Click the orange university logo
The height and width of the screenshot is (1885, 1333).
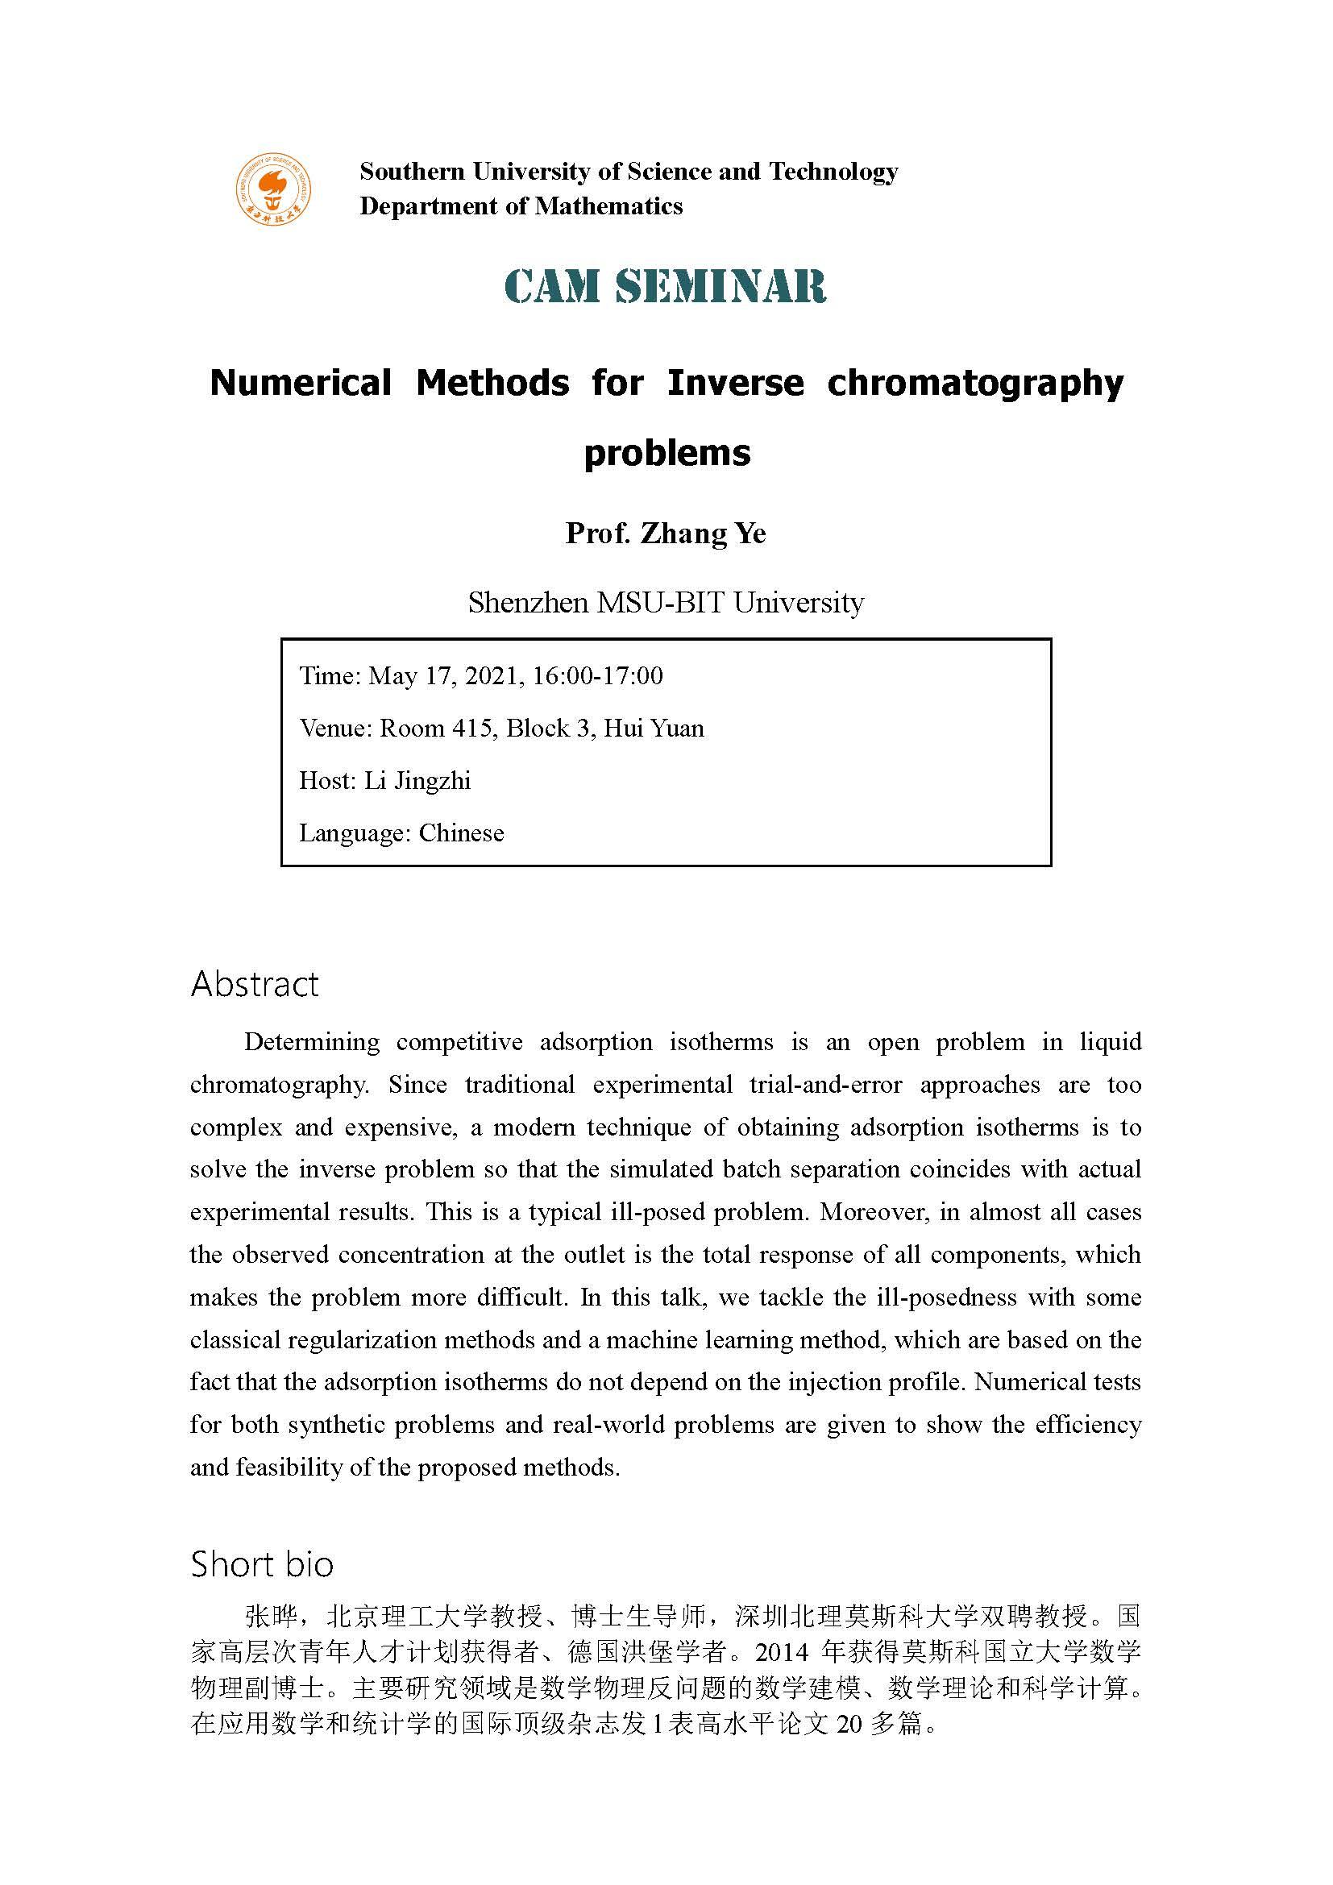(274, 189)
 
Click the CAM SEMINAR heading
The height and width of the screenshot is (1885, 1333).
(665, 287)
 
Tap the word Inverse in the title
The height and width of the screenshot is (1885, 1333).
(735, 384)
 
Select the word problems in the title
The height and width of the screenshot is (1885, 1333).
(666, 452)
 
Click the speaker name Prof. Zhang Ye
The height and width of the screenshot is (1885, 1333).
(666, 534)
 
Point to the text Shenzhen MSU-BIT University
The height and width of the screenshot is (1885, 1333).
(666, 604)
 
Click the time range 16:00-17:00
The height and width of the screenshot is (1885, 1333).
(597, 675)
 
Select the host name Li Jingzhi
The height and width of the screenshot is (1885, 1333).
(417, 781)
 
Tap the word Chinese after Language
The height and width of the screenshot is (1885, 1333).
(461, 833)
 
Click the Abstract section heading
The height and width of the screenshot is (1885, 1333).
(255, 984)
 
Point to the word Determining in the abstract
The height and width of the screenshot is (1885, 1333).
(311, 1043)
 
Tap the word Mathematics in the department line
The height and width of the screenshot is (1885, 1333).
(608, 206)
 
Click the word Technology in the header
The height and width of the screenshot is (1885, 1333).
(833, 172)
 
